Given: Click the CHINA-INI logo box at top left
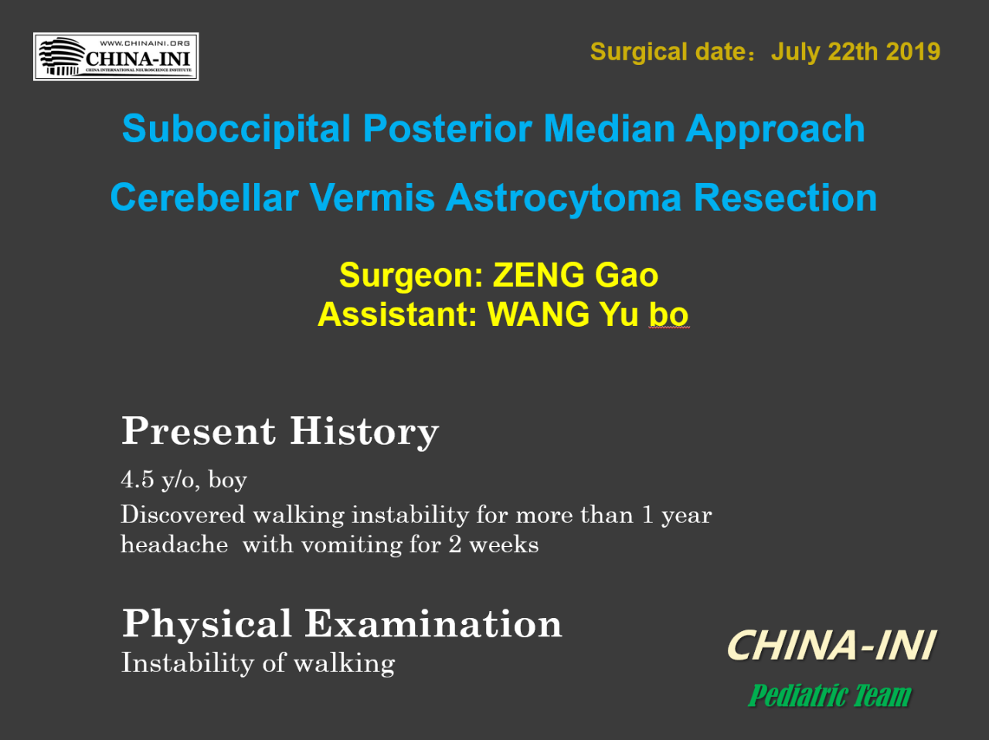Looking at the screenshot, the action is tap(116, 56).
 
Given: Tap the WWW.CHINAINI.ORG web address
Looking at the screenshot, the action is tap(144, 43).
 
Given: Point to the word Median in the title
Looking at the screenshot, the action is tap(610, 128).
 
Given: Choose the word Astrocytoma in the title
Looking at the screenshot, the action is tap(563, 198).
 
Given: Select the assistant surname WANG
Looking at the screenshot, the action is tap(539, 314).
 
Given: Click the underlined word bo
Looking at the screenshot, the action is tap(668, 314).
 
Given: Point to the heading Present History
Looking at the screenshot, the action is tap(280, 432).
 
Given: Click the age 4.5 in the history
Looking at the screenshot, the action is tap(138, 479).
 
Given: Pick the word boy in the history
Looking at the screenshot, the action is tap(227, 480).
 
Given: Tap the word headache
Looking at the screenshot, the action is tap(175, 544).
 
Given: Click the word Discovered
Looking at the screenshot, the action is tap(183, 514).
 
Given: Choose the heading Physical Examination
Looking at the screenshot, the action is tap(342, 623).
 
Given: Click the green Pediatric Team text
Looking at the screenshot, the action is tap(830, 695).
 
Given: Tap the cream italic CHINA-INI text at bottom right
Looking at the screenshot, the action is tap(831, 646).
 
